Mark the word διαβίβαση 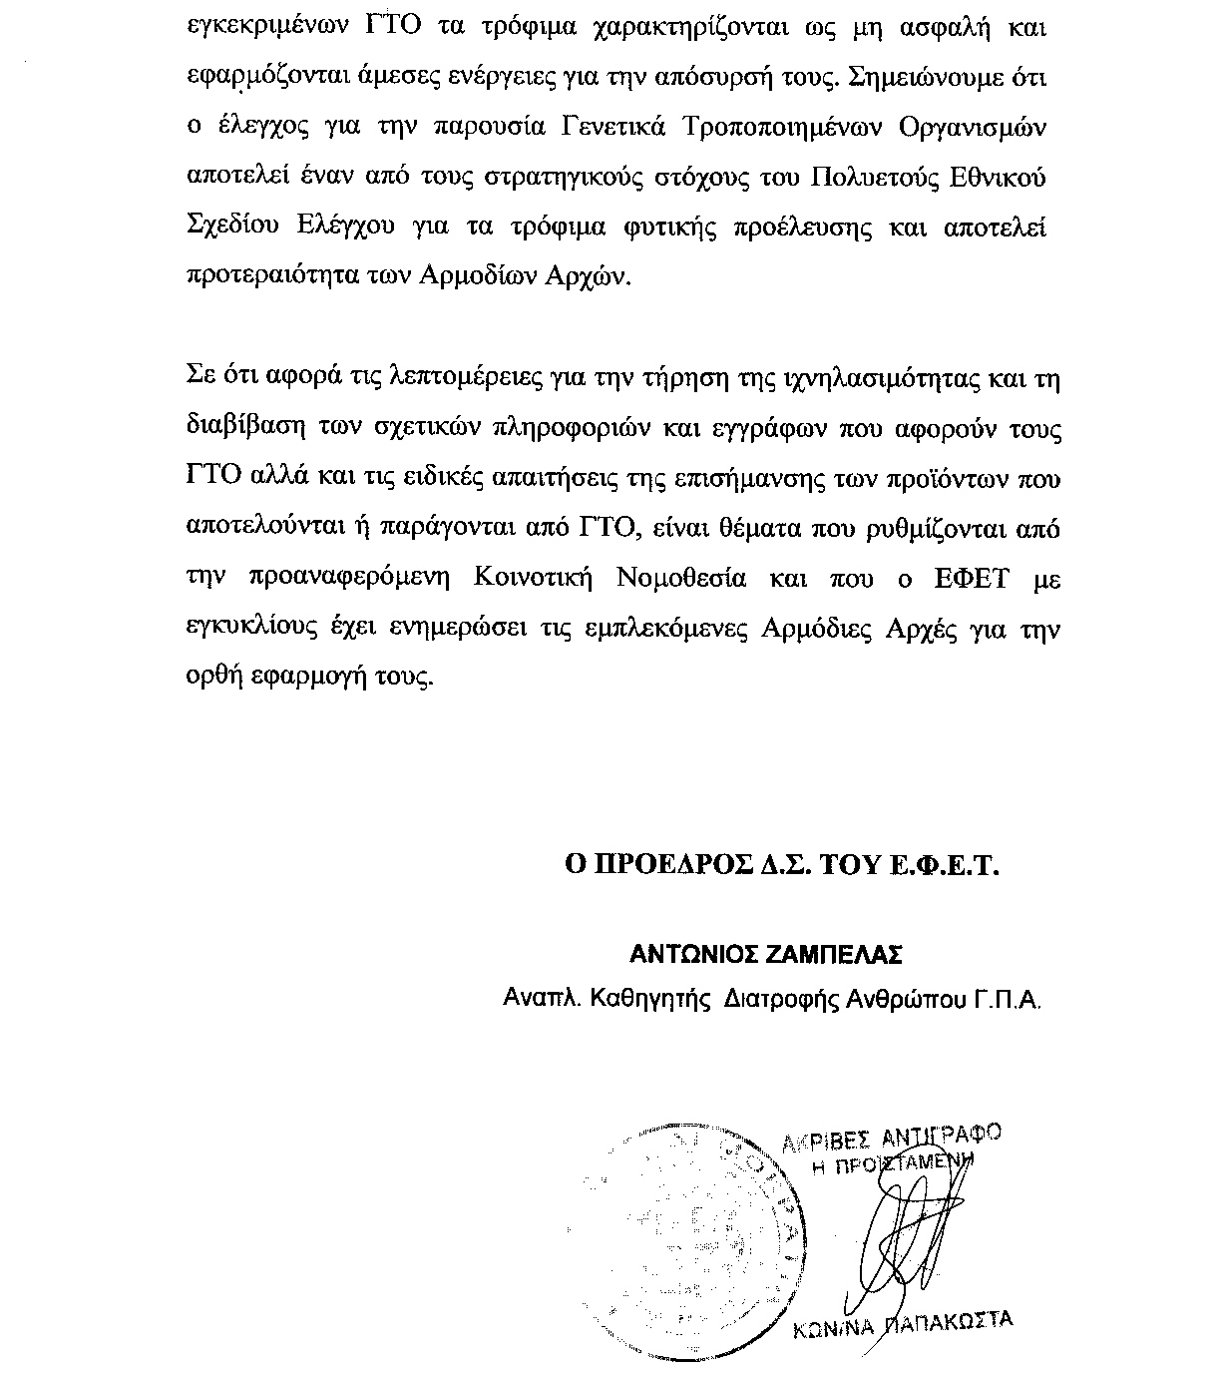pos(237,429)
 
